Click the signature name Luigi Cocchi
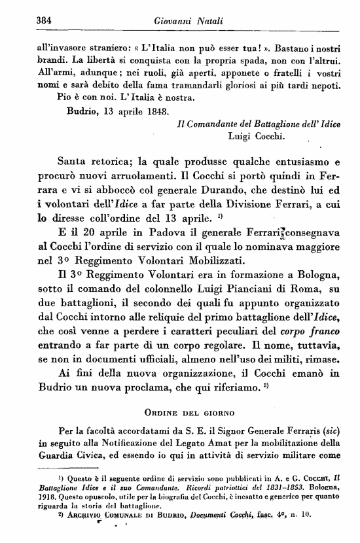pyautogui.click(x=256, y=136)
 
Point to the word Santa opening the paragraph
pyautogui.click(x=73, y=160)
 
